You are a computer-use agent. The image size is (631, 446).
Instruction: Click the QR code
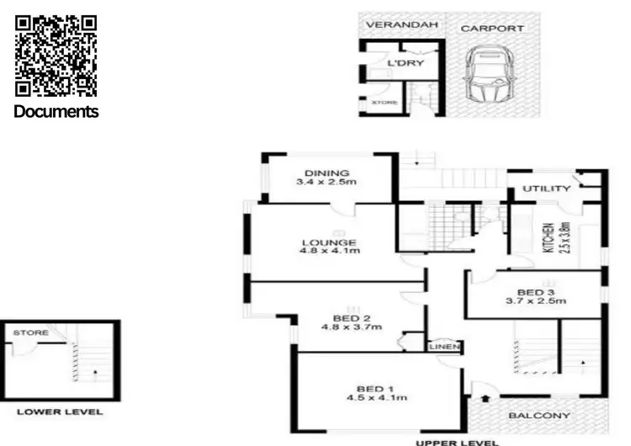pyautogui.click(x=56, y=56)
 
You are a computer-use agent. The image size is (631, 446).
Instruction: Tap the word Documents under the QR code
pyautogui.click(x=56, y=111)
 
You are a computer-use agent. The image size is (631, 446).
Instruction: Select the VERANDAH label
pyautogui.click(x=402, y=25)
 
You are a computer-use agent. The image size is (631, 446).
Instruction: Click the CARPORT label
pyautogui.click(x=491, y=28)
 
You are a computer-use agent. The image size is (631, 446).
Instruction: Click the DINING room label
pyautogui.click(x=326, y=174)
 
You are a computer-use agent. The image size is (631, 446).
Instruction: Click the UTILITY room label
pyautogui.click(x=547, y=189)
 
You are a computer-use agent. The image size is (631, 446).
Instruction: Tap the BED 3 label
pyautogui.click(x=535, y=291)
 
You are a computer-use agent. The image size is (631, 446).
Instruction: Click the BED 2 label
pyautogui.click(x=352, y=318)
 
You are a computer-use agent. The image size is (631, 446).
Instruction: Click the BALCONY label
pyautogui.click(x=539, y=416)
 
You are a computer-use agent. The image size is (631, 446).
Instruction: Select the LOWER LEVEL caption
pyautogui.click(x=61, y=411)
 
